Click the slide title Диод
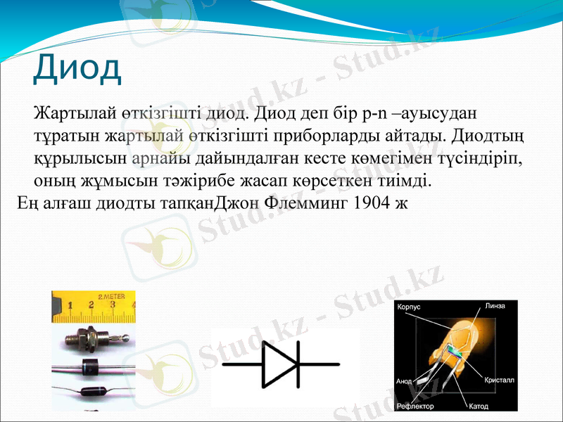pos(77,68)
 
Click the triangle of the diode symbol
pos(279,364)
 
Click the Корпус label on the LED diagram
pos(409,308)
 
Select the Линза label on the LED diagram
pos(495,306)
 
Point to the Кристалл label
pos(499,380)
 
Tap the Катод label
pos(479,407)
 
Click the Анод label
pos(404,381)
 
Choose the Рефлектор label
pos(415,407)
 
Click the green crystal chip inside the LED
pos(458,355)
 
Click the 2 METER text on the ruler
pos(111,297)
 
